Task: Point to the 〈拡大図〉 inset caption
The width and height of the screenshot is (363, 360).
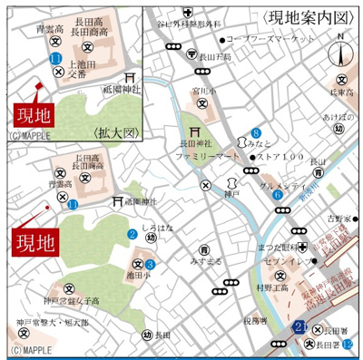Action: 113,132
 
